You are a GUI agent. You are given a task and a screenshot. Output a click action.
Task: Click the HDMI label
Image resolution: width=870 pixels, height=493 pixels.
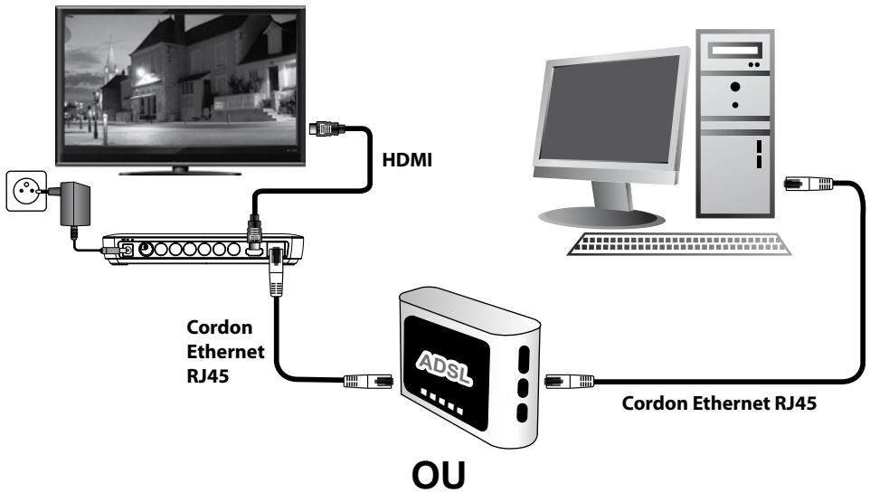pyautogui.click(x=407, y=160)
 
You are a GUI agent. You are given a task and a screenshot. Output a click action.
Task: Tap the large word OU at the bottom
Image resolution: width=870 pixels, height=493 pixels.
pyautogui.click(x=439, y=475)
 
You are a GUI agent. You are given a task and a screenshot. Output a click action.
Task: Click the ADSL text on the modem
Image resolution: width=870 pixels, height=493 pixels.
pyautogui.click(x=444, y=367)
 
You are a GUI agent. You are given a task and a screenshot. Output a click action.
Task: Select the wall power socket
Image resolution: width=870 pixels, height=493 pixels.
pyautogui.click(x=26, y=191)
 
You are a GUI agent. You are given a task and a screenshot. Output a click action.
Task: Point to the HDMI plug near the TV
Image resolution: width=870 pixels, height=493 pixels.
pyautogui.click(x=326, y=128)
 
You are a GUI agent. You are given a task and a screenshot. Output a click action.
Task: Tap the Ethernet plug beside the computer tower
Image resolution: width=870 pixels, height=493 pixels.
pyautogui.click(x=809, y=184)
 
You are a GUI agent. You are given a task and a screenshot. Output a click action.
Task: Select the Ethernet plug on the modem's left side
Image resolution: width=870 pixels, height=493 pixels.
pyautogui.click(x=368, y=381)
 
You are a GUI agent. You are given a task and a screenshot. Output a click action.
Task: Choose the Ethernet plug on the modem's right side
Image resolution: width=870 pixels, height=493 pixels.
pyautogui.click(x=569, y=381)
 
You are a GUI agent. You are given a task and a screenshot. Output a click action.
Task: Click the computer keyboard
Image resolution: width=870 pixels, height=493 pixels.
pyautogui.click(x=679, y=243)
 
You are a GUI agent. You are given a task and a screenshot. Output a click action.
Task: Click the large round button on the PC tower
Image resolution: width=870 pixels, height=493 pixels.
pyautogui.click(x=735, y=87)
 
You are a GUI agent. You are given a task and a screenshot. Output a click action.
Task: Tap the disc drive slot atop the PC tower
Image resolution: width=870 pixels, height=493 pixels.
pyautogui.click(x=734, y=51)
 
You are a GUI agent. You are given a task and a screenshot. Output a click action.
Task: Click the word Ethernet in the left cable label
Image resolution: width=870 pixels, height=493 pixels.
pyautogui.click(x=225, y=351)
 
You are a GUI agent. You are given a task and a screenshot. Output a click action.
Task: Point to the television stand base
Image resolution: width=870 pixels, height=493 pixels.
pyautogui.click(x=180, y=171)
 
